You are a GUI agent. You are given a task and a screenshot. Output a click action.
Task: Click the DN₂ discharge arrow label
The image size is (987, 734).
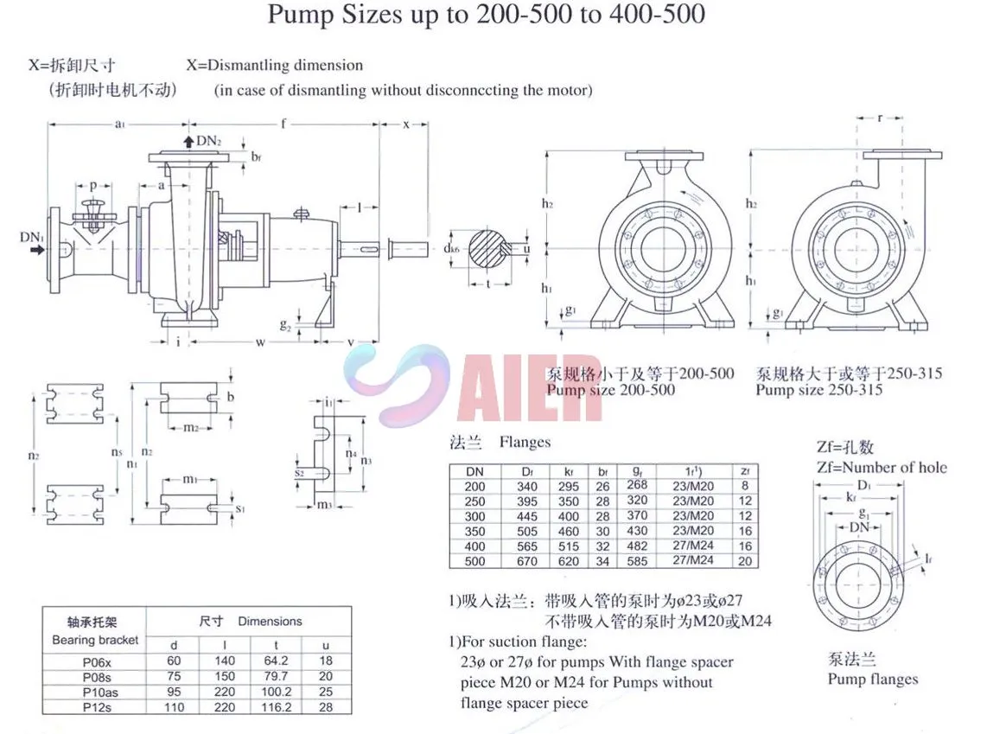point(208,141)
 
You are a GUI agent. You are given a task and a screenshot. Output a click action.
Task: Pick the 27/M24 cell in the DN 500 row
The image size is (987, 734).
point(693,561)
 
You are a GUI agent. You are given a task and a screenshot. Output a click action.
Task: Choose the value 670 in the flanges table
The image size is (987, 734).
point(526,561)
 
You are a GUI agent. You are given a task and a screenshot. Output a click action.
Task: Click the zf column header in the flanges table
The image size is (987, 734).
point(745,472)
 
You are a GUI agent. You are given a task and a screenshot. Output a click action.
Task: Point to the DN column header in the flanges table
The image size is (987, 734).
point(474,472)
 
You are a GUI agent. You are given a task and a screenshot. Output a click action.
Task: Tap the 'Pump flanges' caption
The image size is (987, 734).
point(872,679)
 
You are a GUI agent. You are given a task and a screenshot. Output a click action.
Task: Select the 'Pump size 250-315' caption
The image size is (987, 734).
point(818,390)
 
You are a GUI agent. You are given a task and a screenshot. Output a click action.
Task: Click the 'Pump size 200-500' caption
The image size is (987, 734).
point(611,390)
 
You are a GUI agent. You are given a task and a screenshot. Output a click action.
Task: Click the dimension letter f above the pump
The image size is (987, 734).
point(283,124)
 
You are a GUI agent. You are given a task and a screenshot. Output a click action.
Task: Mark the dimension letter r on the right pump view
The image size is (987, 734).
point(880,118)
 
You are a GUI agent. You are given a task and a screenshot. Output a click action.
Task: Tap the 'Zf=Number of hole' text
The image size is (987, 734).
point(881,468)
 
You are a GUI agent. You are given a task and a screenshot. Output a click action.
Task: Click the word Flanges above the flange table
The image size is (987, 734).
point(525,443)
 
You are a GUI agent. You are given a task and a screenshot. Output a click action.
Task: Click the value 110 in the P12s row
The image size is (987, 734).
point(175,706)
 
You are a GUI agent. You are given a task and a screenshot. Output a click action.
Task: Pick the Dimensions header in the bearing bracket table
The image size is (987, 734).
point(270,621)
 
